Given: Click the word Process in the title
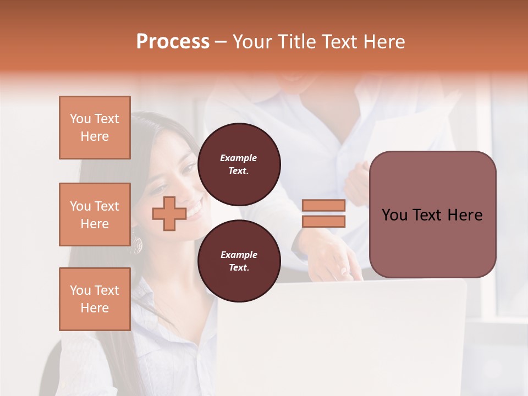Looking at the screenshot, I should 173,42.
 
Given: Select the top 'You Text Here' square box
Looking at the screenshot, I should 95,128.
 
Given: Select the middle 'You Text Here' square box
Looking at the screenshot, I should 95,215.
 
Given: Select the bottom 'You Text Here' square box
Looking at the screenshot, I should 95,299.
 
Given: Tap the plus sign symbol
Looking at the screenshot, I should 169,213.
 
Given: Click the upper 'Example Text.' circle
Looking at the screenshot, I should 239,164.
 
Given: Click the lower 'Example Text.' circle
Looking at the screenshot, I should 239,261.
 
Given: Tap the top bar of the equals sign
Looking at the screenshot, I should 323,205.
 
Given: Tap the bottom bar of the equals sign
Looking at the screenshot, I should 323,221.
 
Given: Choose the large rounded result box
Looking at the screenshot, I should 432,215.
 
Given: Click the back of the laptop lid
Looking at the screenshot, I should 341,335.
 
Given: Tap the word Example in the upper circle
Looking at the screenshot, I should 239,158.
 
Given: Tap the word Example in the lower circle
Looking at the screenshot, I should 239,255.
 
